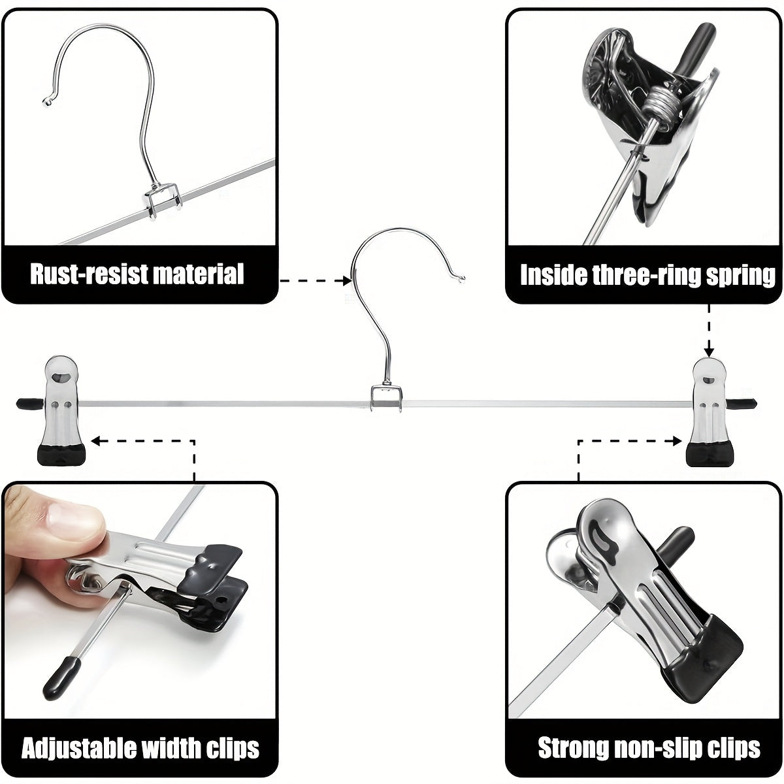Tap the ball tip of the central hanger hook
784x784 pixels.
coord(462,280)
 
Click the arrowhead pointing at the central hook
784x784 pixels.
coord(347,281)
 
